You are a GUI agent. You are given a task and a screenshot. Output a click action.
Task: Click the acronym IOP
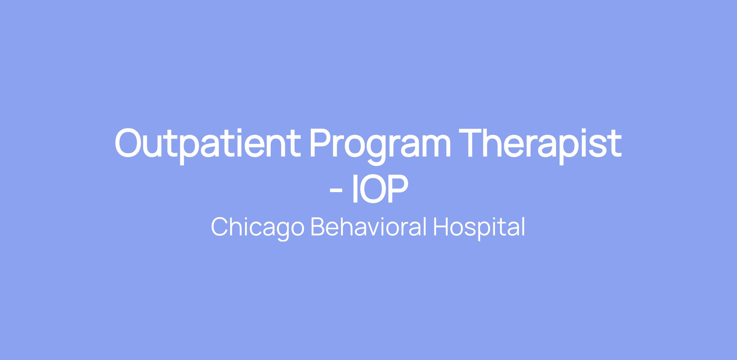click(x=380, y=189)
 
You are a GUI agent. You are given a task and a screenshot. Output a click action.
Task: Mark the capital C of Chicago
click(x=220, y=227)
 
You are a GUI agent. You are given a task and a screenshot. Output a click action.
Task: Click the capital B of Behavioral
click(x=320, y=227)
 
